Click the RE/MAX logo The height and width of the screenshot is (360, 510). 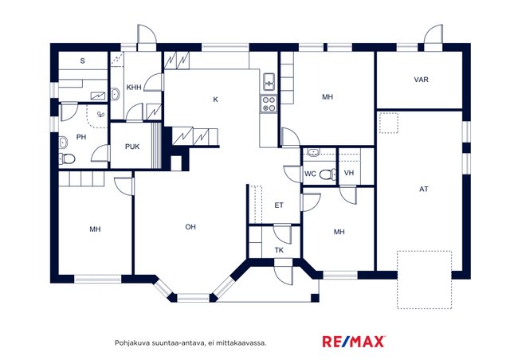pos(354,342)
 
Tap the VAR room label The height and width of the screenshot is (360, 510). pos(421,80)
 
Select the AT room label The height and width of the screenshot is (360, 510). pos(424,189)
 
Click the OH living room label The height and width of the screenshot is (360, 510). pos(190,227)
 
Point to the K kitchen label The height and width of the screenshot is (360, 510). pos(215,100)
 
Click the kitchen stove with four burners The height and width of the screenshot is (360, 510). pos(269,104)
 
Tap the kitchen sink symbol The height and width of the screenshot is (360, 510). pos(269,81)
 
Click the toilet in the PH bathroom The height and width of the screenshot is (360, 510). pos(67,158)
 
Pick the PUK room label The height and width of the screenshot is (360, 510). pos(132,147)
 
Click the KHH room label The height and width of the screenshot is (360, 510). pos(134,88)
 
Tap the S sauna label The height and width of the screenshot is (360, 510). pos(83,61)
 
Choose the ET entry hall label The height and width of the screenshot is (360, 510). pos(279,205)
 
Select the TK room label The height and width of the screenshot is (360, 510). pos(279,250)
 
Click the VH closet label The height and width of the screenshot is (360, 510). pos(349,173)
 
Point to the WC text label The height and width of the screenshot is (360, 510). pos(310,174)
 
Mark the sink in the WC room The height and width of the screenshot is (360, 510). pos(313,152)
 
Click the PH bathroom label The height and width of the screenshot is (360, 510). pos(81,137)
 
